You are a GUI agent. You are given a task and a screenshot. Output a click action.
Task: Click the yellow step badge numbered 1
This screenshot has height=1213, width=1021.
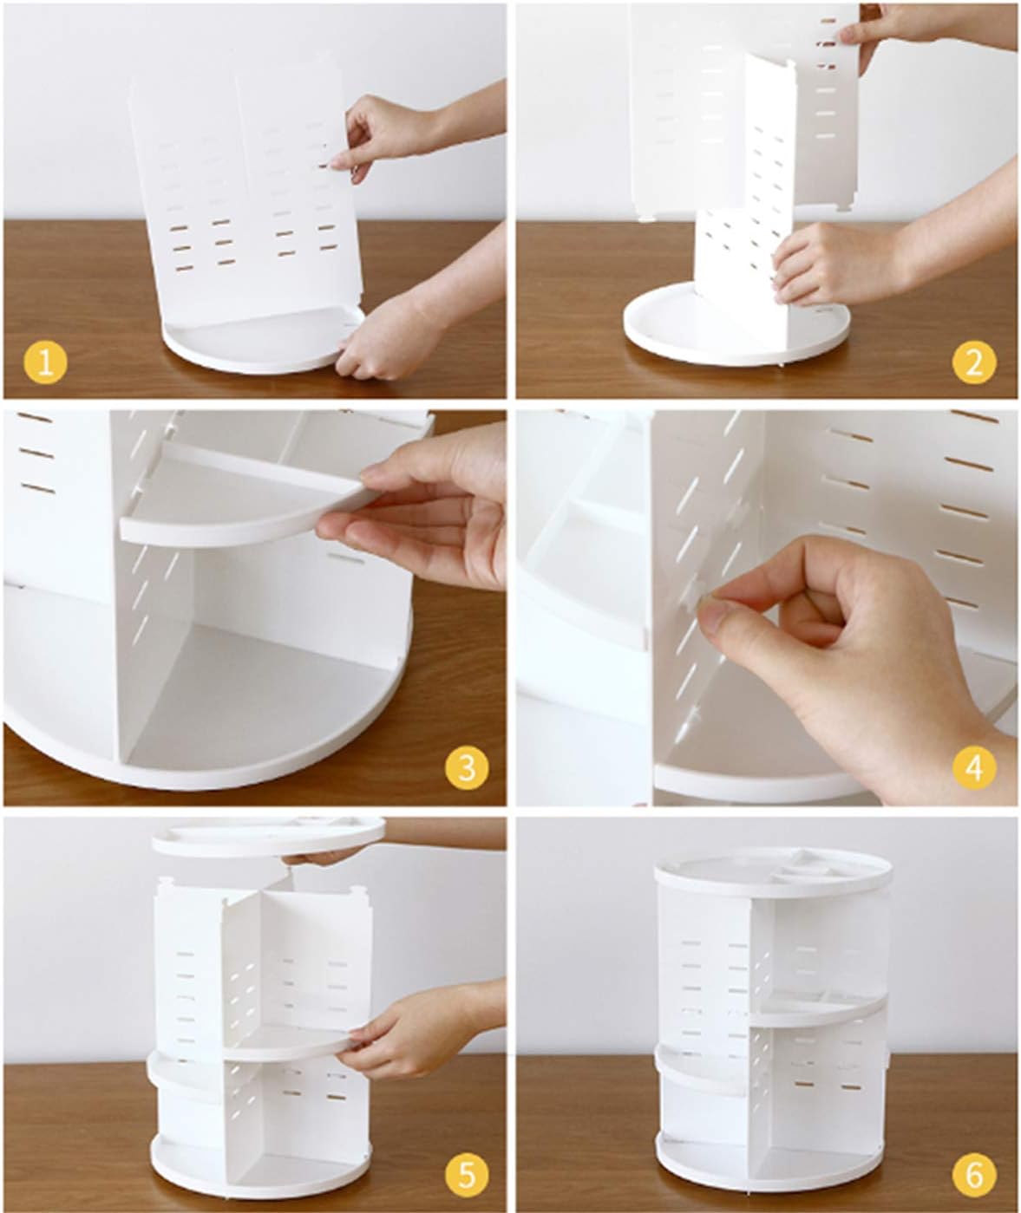coord(45,363)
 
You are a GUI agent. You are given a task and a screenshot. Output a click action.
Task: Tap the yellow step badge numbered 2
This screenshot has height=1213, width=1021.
coord(974,363)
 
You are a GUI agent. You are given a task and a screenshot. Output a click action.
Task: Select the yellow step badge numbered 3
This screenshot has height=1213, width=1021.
coord(467,768)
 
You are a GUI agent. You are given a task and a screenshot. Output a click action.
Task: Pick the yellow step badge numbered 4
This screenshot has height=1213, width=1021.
coord(974,768)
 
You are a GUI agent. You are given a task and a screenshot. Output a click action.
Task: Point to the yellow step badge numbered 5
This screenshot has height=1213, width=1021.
coord(467,1173)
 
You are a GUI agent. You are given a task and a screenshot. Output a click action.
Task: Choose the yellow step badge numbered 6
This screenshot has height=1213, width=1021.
coord(974,1173)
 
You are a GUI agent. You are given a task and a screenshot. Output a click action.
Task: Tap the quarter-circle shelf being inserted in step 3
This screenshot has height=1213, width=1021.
coord(244,499)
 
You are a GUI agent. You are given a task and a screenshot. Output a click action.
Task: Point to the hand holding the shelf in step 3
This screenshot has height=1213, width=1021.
coord(418,505)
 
